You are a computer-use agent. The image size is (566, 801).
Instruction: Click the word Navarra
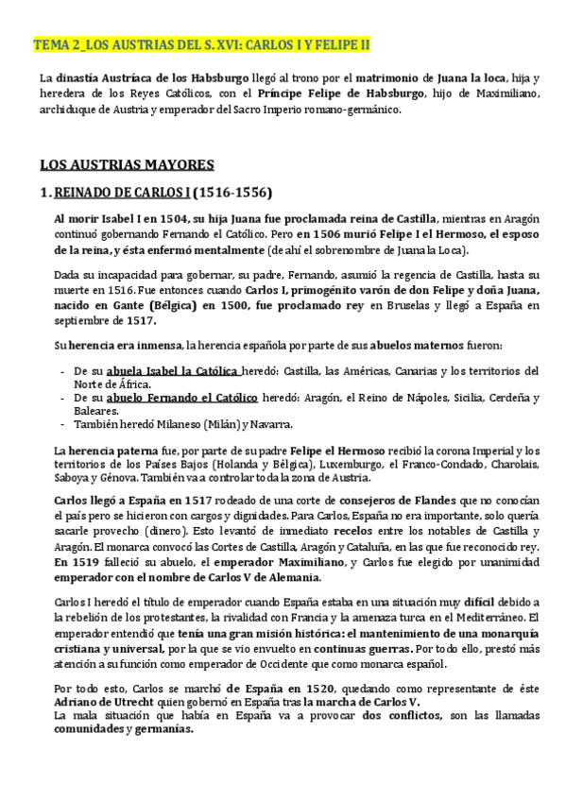click(x=268, y=424)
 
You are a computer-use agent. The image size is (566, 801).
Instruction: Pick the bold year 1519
click(x=84, y=563)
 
